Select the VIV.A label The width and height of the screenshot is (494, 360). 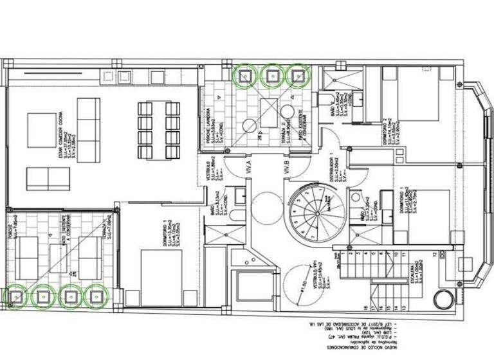[x=248, y=170]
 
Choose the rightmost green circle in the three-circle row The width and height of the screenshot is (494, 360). [x=298, y=75]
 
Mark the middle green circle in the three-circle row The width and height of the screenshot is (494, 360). [x=271, y=75]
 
